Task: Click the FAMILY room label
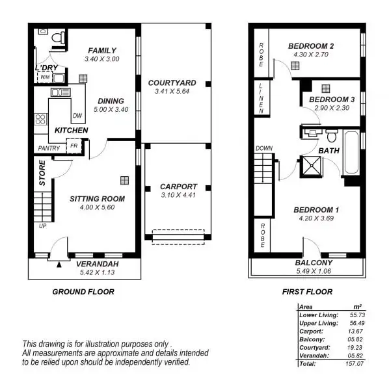(x=102, y=51)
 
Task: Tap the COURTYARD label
(x=172, y=83)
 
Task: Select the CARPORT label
(x=178, y=187)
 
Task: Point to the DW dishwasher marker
(x=77, y=116)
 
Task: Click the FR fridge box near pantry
(x=74, y=146)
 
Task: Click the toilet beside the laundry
(x=58, y=39)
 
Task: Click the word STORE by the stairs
(x=42, y=178)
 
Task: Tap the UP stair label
(x=42, y=226)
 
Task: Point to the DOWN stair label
(x=264, y=148)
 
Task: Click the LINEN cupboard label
(x=262, y=97)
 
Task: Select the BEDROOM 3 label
(x=332, y=99)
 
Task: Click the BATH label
(x=329, y=151)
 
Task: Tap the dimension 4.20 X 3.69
(x=316, y=219)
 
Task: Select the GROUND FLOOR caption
(x=83, y=292)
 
